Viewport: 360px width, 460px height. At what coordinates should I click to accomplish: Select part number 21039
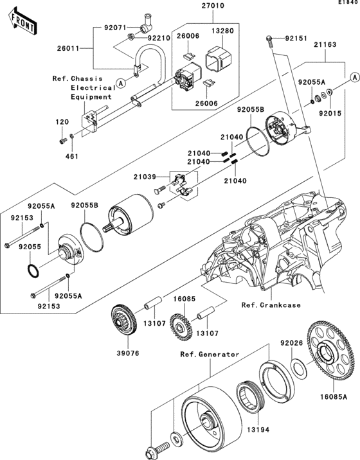(145, 176)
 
